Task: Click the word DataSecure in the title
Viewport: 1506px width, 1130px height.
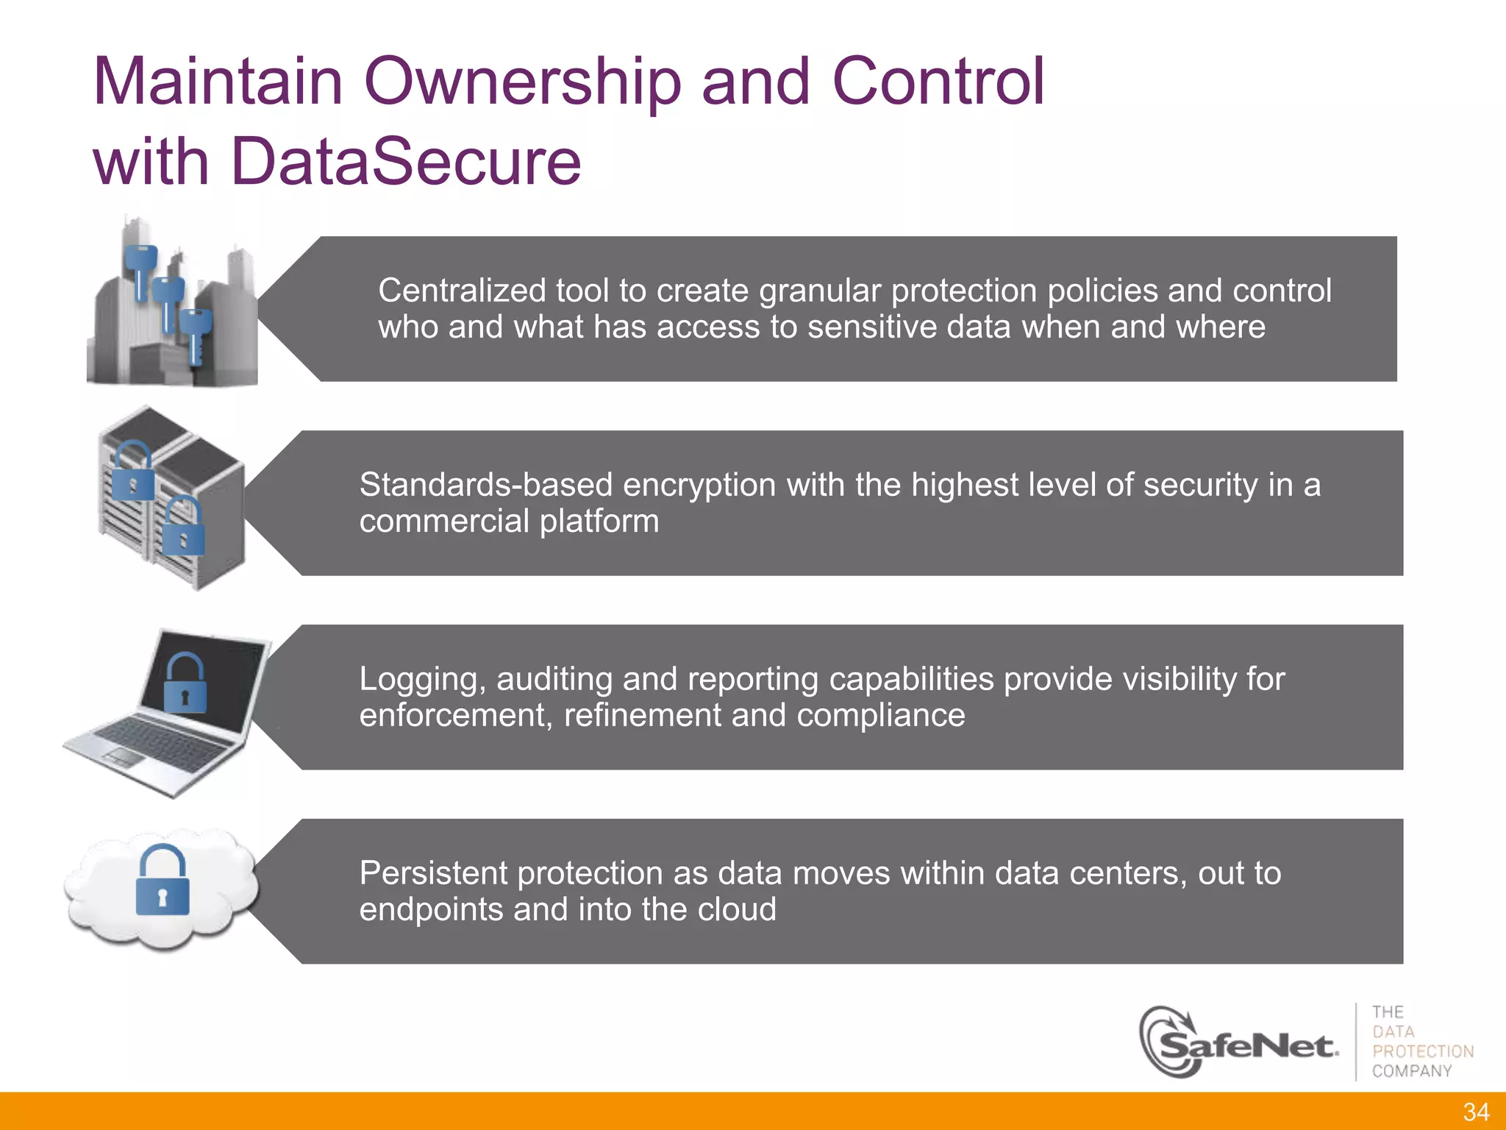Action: (406, 161)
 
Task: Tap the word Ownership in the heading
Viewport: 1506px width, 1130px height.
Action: (522, 82)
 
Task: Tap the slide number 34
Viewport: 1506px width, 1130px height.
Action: (1475, 1112)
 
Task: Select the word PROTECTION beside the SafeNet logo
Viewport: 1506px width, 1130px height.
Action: (1423, 1051)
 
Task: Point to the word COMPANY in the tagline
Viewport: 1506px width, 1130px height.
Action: (1412, 1071)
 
